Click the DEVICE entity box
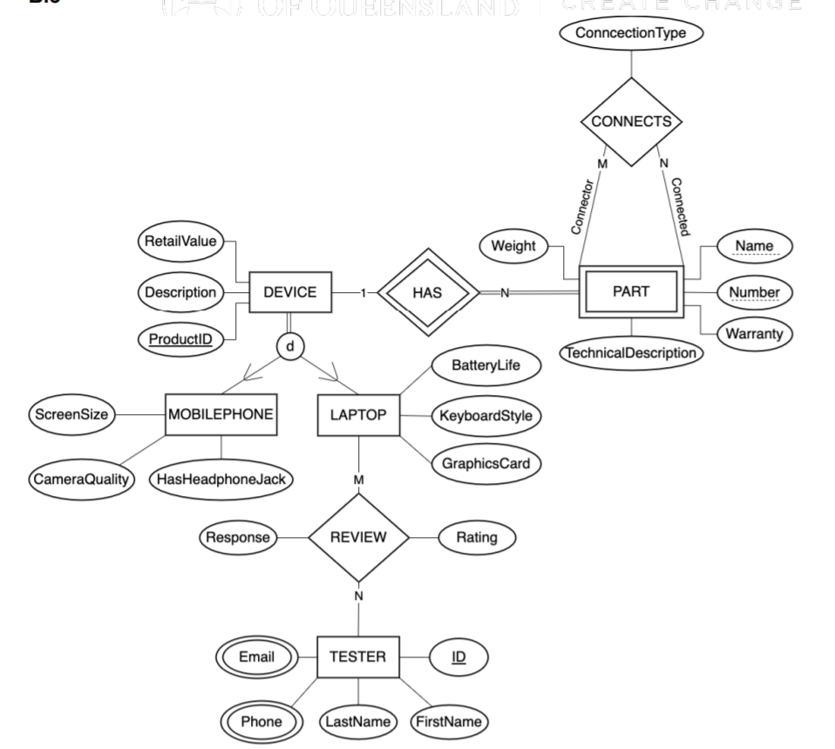pos(290,293)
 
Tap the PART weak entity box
pos(630,293)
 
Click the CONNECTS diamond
pos(631,122)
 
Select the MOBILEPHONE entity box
pos(221,415)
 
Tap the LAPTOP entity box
pos(359,415)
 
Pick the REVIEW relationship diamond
pos(358,538)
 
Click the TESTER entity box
pos(358,657)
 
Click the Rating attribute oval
pos(477,538)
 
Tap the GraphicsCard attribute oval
pos(485,464)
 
